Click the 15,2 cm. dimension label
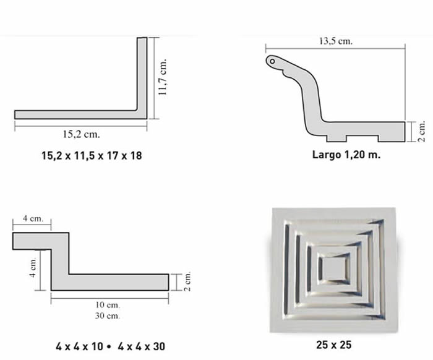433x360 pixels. (82, 134)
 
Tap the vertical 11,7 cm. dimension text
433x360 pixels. (163, 77)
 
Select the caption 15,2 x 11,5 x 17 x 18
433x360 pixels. (92, 156)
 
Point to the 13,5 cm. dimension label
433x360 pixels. (336, 41)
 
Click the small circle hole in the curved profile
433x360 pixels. (272, 61)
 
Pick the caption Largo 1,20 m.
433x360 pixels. (346, 155)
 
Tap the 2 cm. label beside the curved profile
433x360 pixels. (421, 132)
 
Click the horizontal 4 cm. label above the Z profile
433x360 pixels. (33, 218)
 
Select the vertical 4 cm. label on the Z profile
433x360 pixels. (33, 267)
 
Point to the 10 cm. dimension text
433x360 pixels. (108, 305)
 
